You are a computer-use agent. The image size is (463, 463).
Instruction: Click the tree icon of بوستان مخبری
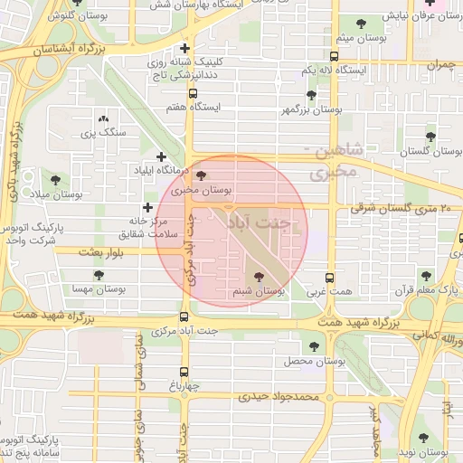click(200, 176)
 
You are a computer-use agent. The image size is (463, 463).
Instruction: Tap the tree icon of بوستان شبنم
click(260, 278)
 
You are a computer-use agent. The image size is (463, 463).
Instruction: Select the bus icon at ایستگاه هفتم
click(193, 92)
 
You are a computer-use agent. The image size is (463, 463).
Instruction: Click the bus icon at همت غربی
click(328, 279)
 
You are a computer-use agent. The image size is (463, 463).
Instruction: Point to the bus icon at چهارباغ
click(184, 372)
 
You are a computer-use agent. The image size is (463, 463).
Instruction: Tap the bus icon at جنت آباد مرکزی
click(184, 317)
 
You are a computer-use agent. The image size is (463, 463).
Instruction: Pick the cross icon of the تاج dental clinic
click(184, 49)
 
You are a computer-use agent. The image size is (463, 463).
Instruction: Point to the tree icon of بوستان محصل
click(314, 345)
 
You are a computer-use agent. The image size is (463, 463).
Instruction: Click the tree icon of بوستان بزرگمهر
click(311, 95)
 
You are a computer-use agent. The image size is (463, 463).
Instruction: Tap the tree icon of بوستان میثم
click(362, 24)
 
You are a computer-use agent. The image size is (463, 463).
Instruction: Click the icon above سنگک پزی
click(102, 118)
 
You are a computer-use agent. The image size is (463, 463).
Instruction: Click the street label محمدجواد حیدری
click(279, 396)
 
